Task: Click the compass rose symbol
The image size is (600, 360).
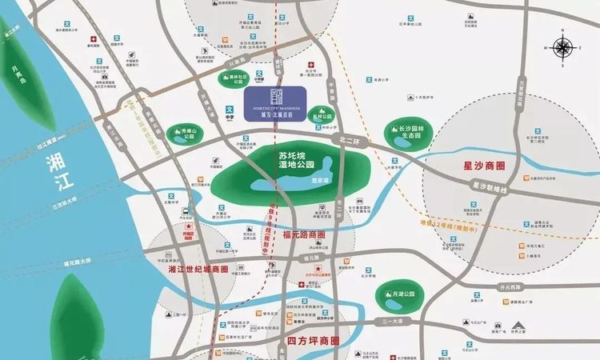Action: pos(563,48)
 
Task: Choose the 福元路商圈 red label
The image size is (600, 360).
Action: pos(305,235)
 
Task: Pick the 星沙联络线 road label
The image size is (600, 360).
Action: pos(489,188)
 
